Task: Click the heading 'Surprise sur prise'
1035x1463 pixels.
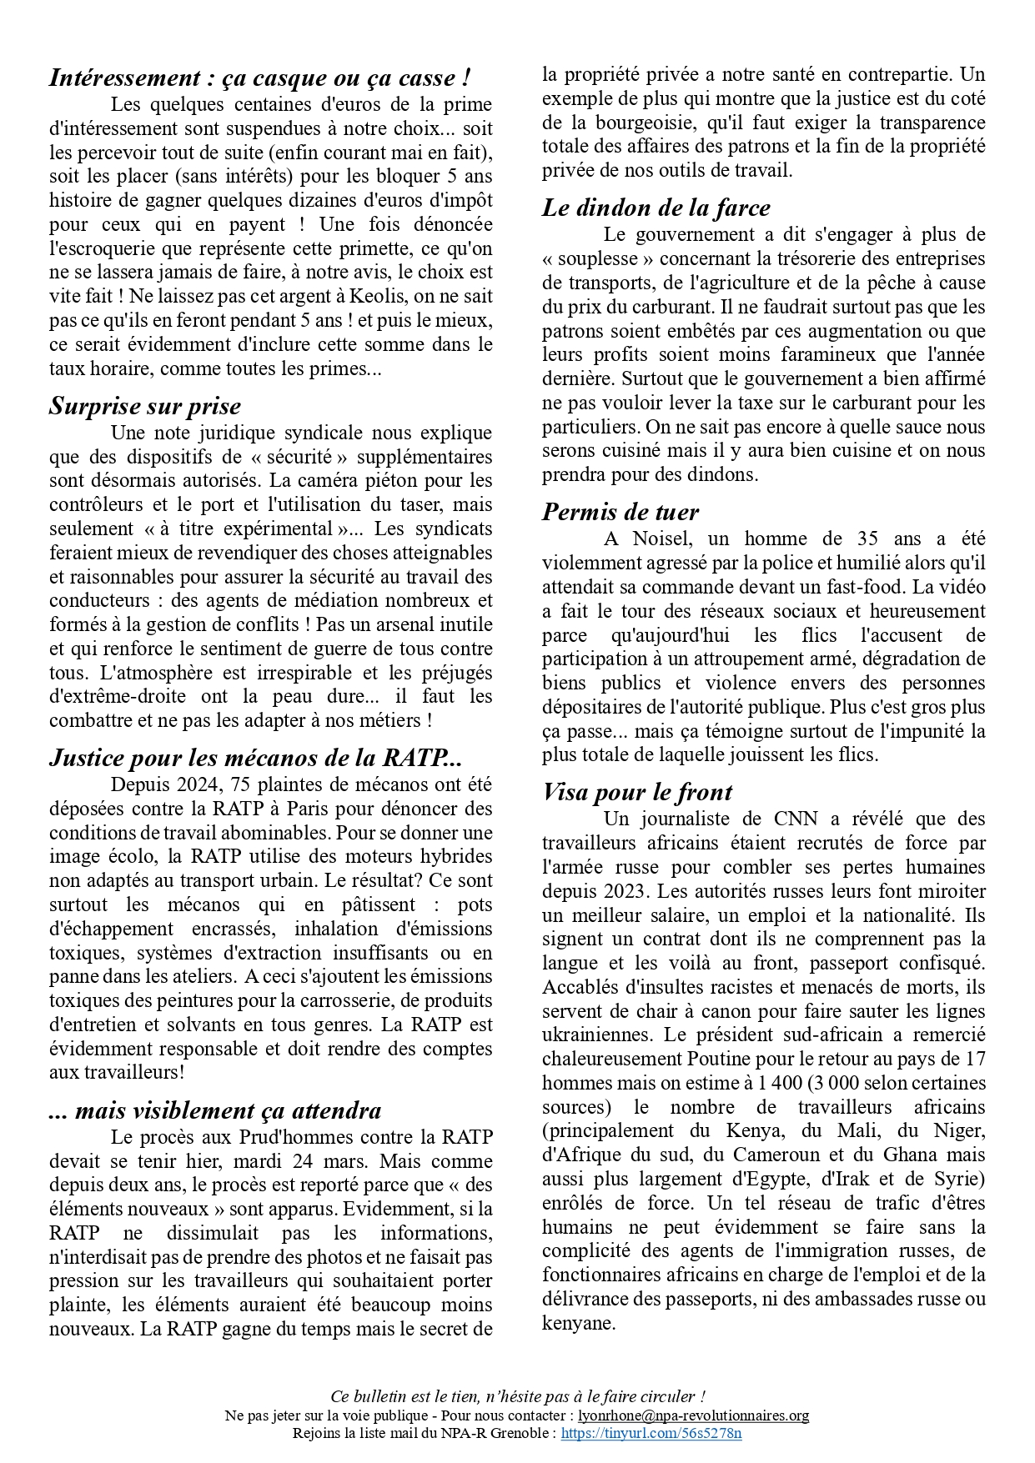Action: pos(145,406)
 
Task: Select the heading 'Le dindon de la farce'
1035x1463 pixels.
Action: pos(656,208)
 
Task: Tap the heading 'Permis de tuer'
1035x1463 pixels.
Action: pos(620,512)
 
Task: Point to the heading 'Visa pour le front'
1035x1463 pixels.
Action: pos(637,792)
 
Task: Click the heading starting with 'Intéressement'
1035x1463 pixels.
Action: pos(259,78)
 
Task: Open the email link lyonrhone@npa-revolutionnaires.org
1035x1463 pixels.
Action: pos(693,1415)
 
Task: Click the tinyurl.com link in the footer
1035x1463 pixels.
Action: pos(651,1434)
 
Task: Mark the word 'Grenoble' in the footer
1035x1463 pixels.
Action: pos(521,1434)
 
